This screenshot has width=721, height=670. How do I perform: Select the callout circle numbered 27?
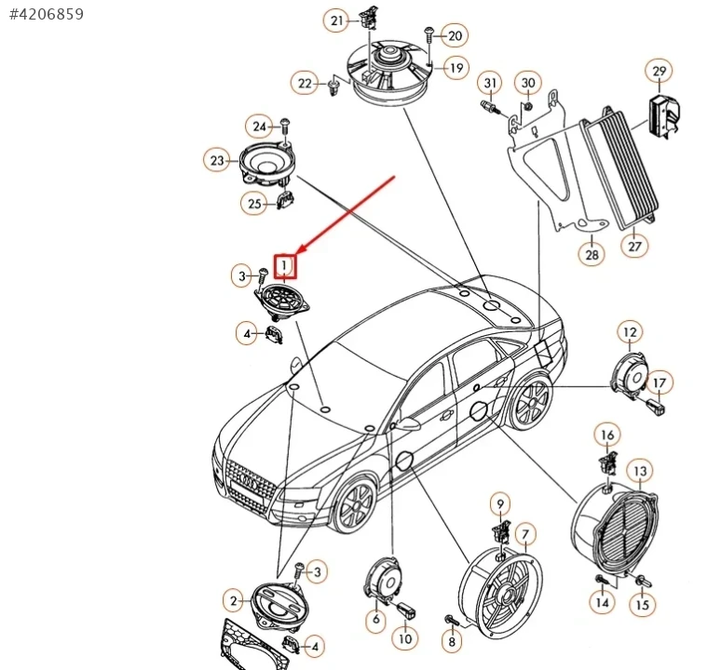pyautogui.click(x=635, y=247)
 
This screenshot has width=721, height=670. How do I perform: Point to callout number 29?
pyautogui.click(x=660, y=72)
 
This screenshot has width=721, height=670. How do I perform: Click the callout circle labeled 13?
pyautogui.click(x=640, y=472)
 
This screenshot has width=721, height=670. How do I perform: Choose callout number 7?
pyautogui.click(x=525, y=534)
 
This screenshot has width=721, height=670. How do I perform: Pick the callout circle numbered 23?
pyautogui.click(x=217, y=161)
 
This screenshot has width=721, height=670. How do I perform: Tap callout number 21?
pyautogui.click(x=336, y=20)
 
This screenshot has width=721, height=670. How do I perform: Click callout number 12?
pyautogui.click(x=631, y=332)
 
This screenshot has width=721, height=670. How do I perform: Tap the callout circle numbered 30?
pyautogui.click(x=528, y=83)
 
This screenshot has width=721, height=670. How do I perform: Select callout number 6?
pyautogui.click(x=376, y=618)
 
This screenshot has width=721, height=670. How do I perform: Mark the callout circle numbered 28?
pyautogui.click(x=592, y=254)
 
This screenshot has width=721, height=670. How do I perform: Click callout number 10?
pyautogui.click(x=405, y=639)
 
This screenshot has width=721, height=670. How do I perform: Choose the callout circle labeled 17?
pyautogui.click(x=659, y=382)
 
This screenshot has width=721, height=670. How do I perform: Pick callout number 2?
pyautogui.click(x=234, y=600)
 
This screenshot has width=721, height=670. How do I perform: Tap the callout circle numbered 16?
pyautogui.click(x=607, y=435)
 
